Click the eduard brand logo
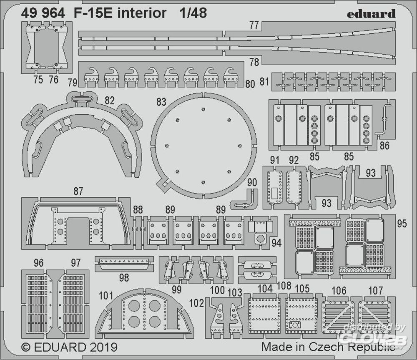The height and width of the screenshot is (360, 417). (x=371, y=14)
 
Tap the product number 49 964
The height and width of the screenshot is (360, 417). (x=43, y=13)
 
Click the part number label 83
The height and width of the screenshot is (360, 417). (x=161, y=102)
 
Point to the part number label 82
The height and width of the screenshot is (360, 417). (x=110, y=100)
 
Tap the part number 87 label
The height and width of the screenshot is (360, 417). (x=78, y=191)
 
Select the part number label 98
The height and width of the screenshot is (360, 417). (x=124, y=277)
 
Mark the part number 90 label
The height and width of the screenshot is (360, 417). (x=252, y=182)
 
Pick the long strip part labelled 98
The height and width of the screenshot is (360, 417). (x=124, y=263)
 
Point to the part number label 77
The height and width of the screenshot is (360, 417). (x=254, y=25)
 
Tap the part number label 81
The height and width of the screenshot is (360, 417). (x=264, y=81)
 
